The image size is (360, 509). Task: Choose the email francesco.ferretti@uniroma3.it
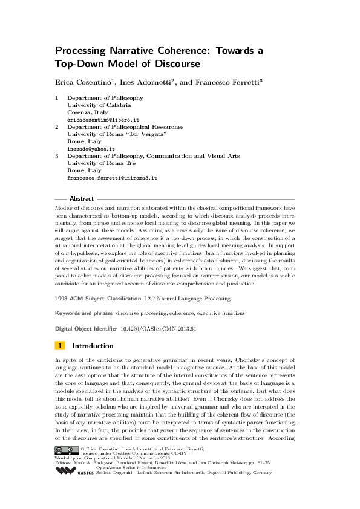point(112,178)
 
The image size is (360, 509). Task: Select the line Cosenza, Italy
point(88,112)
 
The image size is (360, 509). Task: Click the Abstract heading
point(82,199)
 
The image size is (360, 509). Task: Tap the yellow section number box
point(60,346)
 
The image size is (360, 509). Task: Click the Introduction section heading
point(93,346)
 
